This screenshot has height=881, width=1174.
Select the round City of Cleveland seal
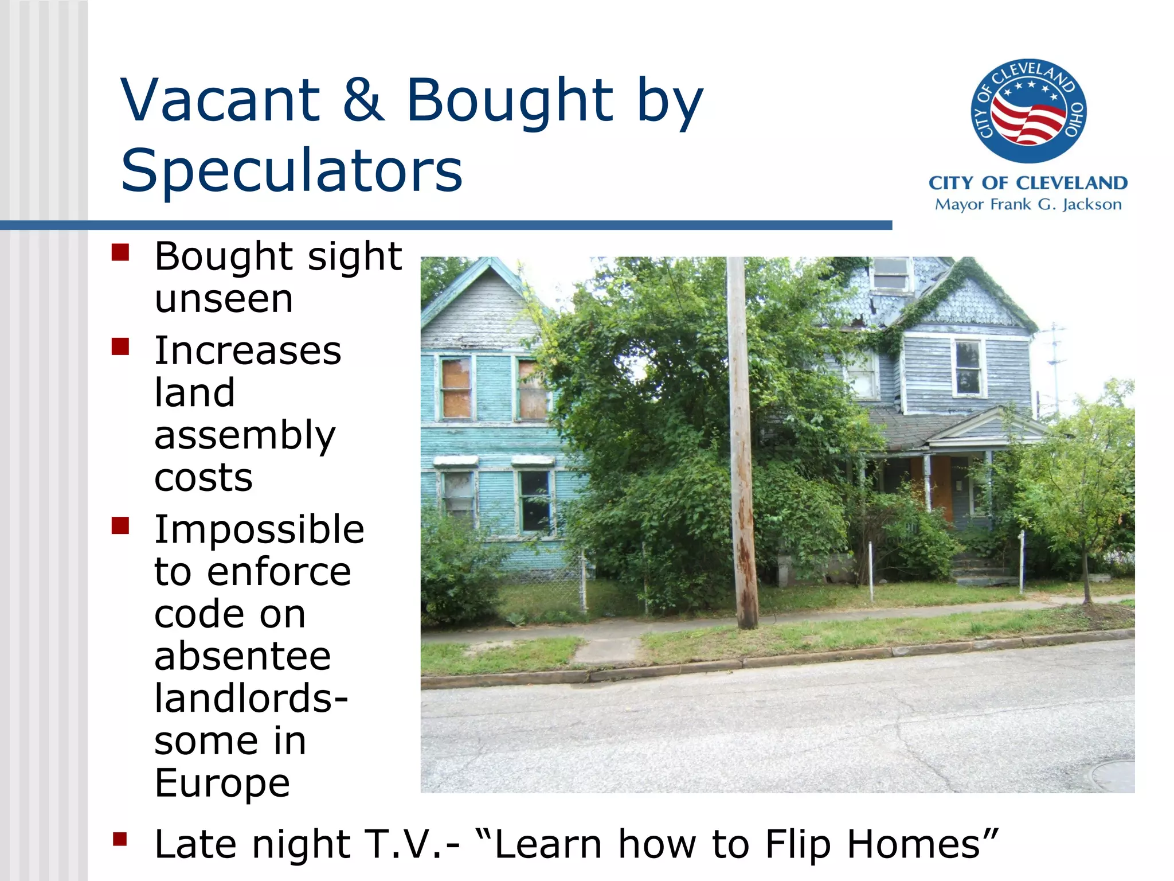click(1028, 111)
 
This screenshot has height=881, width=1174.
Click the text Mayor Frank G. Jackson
click(1028, 205)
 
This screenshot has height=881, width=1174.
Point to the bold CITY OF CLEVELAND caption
click(1028, 183)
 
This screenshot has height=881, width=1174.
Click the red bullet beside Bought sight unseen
click(120, 252)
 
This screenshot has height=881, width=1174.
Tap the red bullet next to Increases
click(120, 346)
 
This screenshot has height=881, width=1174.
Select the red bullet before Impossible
click(120, 525)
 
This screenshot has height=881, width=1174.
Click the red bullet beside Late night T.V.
click(120, 839)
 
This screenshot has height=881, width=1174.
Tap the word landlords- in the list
click(251, 698)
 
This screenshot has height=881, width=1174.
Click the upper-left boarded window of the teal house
click(456, 388)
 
